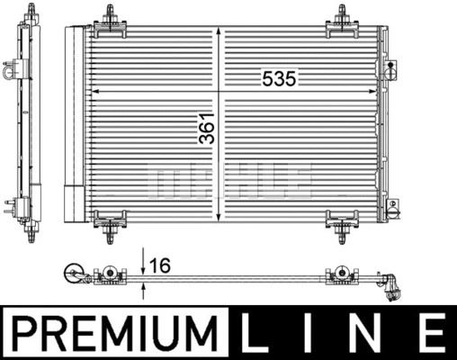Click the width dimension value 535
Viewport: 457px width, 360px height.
279,79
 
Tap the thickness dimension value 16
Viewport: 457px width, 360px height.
162,267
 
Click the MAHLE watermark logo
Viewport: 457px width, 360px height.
231,178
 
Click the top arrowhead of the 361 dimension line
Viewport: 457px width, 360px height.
218,32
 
